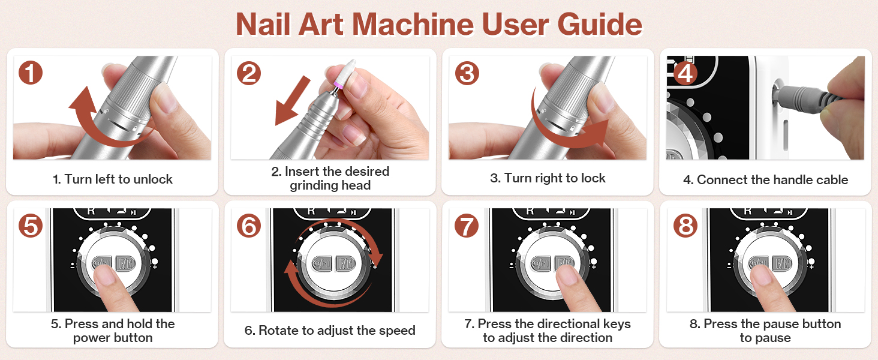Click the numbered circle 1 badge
coord(31,73)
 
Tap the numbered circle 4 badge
coord(685,73)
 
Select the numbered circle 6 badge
coord(249,226)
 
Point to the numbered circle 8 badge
coord(685,226)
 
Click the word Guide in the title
coord(600,25)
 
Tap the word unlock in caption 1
coord(153,179)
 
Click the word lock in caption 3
coord(593,178)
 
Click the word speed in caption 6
coord(398,331)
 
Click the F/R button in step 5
coord(125,263)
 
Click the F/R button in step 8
coord(783,263)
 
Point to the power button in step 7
coord(542,263)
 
